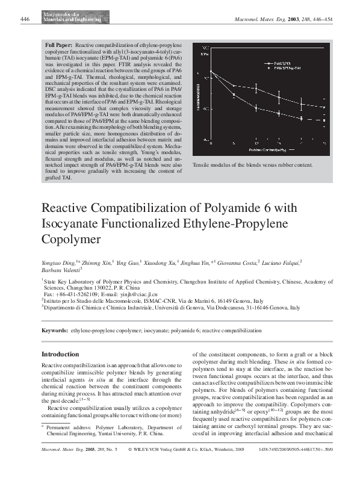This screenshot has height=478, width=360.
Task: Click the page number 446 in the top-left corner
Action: pos(25,19)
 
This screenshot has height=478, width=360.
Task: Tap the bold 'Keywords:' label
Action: pos(55,331)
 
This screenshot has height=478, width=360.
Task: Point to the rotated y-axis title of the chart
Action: pos(196,96)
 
